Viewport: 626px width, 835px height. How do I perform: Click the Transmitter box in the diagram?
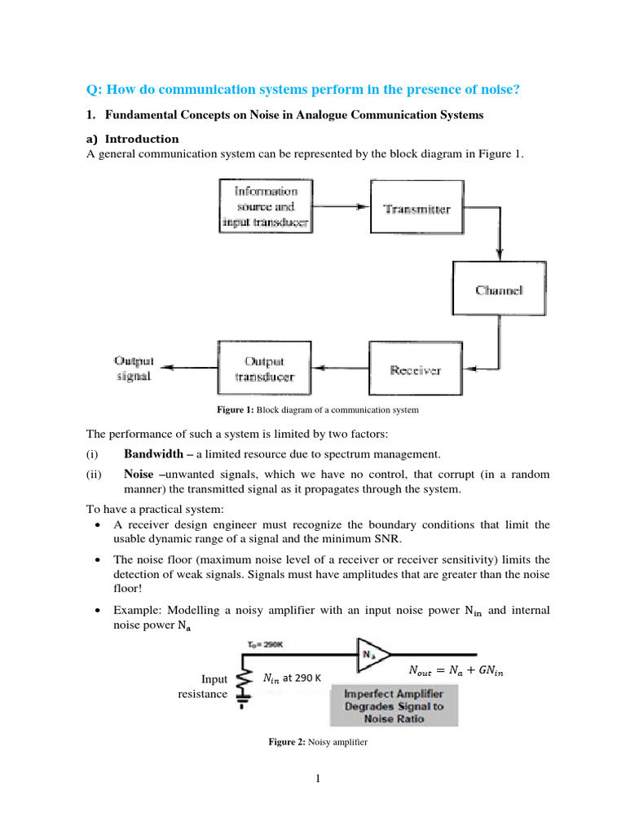coord(417,209)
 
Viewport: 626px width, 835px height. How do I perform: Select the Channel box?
coord(499,289)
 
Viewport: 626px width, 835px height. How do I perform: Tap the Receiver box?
coord(416,370)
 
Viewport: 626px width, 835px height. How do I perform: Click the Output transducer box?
coord(265,369)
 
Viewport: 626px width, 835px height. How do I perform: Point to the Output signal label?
coord(134,369)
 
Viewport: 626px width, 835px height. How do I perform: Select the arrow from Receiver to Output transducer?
coord(342,369)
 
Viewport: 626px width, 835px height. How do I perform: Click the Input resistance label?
coord(203,687)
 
